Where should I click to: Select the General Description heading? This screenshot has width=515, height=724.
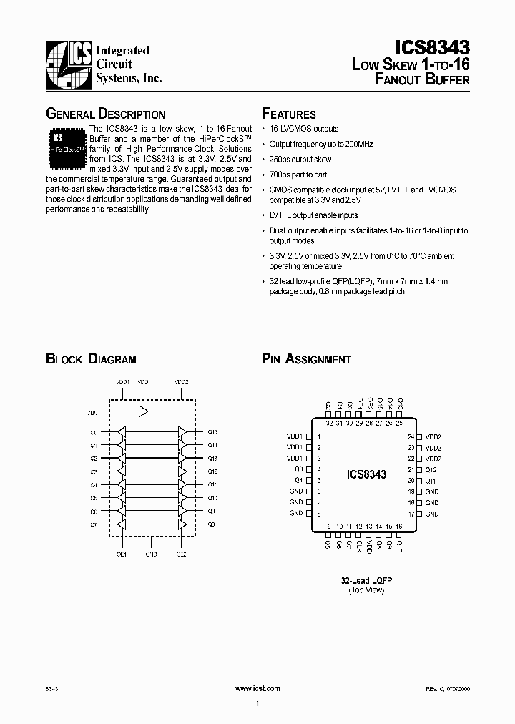click(105, 114)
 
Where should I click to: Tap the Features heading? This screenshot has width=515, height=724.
click(289, 114)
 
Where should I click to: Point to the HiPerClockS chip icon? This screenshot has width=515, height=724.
click(67, 141)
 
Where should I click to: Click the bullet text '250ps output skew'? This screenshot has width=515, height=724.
click(300, 160)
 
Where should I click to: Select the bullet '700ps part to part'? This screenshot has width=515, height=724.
click(298, 175)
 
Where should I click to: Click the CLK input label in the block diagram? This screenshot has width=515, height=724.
click(92, 412)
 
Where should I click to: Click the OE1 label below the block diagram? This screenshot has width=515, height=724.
click(122, 554)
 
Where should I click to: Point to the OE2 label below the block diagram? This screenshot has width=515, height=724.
click(181, 554)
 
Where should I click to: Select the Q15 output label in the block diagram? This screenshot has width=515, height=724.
click(212, 432)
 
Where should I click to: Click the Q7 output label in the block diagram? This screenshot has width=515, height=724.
click(93, 524)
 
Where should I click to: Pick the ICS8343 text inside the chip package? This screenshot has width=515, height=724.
click(366, 474)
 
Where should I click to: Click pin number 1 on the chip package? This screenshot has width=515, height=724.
click(318, 436)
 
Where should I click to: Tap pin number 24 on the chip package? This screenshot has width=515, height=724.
click(411, 436)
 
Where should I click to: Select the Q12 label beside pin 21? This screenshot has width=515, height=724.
click(431, 470)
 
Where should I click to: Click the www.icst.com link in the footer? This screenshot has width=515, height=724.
click(257, 688)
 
